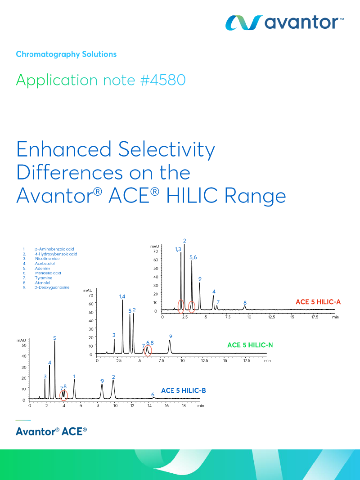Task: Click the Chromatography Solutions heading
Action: coord(66,54)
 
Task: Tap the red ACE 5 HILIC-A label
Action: coord(318,302)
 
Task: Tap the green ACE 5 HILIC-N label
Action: coord(250,345)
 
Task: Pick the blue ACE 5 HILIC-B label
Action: coord(184,390)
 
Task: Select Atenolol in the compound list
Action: coord(44,283)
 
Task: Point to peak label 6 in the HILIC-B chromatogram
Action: coord(153,394)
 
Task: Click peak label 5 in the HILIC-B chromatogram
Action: coord(55,338)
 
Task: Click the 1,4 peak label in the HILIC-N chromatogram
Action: coord(122,296)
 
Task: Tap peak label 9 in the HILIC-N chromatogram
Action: coord(171,336)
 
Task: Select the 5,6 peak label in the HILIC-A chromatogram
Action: coord(193,257)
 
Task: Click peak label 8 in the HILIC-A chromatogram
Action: coord(245,303)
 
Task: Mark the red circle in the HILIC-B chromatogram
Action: coord(64,395)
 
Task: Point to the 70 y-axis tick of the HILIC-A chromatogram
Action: coord(155,251)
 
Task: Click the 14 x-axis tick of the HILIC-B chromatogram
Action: coord(149,406)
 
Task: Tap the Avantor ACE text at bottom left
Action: coord(51,431)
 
